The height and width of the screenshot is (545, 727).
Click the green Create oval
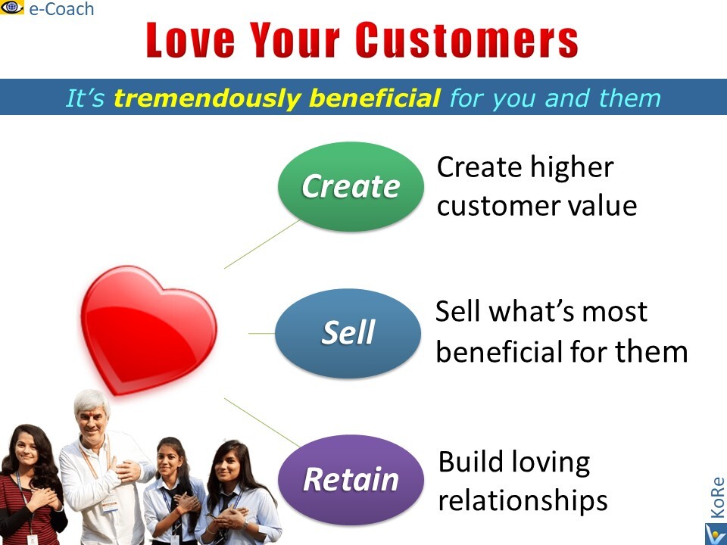pos(351,186)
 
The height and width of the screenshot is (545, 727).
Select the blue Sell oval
pos(348,333)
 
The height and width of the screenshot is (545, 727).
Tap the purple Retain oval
pos(351,479)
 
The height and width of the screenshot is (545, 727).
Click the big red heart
pos(148,330)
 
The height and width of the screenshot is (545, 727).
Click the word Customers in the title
pos(467,40)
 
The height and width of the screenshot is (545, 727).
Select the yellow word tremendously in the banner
pos(209,98)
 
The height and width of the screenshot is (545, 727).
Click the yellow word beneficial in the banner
pos(375,98)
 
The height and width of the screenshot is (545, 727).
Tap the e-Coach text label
pos(61,9)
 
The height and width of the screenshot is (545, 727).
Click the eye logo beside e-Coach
pos(12,7)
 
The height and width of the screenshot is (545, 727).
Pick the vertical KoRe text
pos(717,497)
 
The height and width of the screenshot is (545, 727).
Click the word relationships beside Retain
pos(523,500)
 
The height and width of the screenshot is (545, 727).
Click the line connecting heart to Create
pos(263,244)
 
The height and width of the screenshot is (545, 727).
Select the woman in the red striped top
pos(32,484)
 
